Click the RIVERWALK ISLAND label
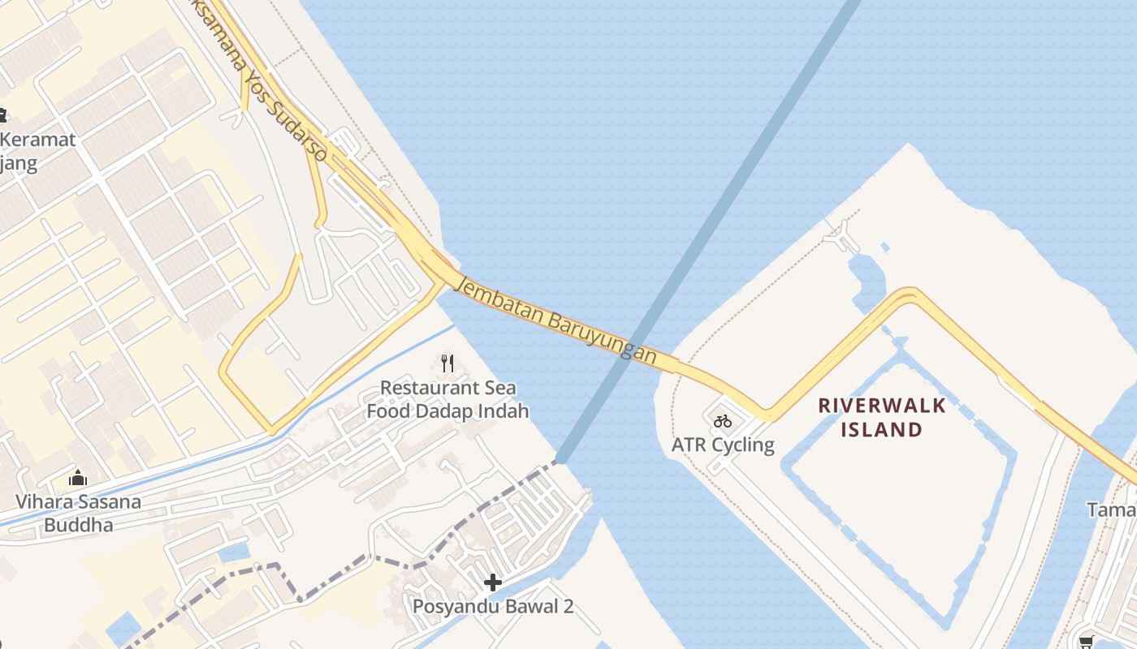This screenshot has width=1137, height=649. (881, 417)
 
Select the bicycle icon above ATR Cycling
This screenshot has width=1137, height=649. (723, 421)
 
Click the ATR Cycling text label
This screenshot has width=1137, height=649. (723, 445)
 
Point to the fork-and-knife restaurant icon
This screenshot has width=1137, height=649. (447, 363)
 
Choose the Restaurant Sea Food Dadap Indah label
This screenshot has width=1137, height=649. (447, 399)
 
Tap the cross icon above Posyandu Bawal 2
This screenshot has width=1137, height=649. (492, 582)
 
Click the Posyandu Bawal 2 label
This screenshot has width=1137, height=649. (493, 606)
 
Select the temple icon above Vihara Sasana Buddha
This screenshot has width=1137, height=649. (78, 478)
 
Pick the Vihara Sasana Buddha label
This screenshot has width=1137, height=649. (78, 513)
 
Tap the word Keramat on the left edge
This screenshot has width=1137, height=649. (37, 140)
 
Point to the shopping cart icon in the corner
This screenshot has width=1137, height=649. (1087, 641)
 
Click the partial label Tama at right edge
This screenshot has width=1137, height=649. (1112, 509)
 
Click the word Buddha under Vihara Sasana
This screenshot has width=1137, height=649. (79, 525)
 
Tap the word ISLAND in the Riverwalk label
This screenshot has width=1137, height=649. (881, 429)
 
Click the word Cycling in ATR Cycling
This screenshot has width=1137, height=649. (745, 445)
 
